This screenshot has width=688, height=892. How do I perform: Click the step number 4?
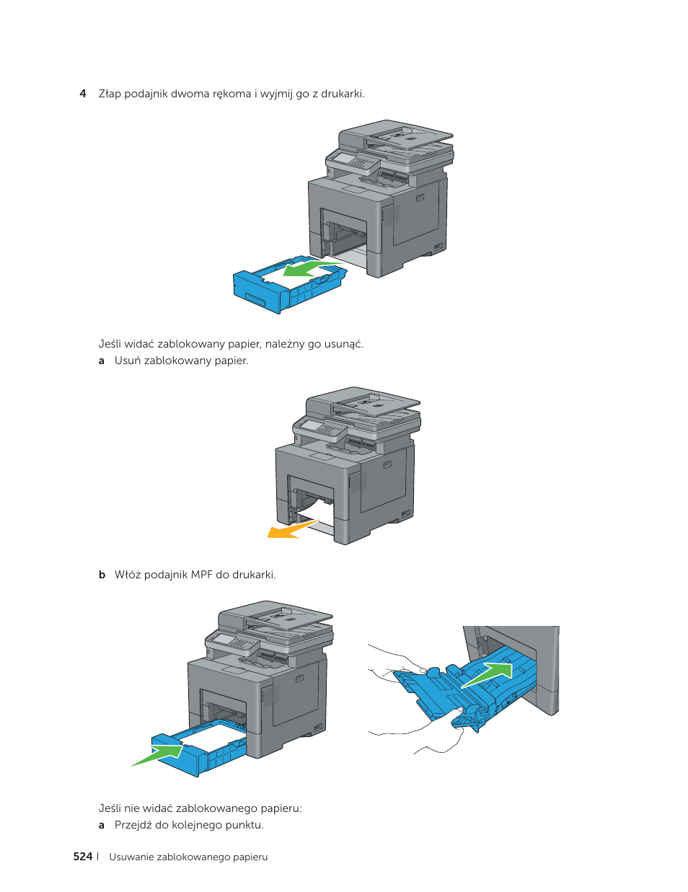[x=83, y=94]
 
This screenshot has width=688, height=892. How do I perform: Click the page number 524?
[x=83, y=857]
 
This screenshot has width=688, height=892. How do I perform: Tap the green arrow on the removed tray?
[x=307, y=269]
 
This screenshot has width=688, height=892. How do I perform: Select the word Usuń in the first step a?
[x=128, y=361]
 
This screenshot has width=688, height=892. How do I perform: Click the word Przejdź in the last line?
[x=133, y=825]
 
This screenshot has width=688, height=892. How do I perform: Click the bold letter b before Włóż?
[x=102, y=575]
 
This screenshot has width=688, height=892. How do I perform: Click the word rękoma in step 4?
[x=231, y=94]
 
